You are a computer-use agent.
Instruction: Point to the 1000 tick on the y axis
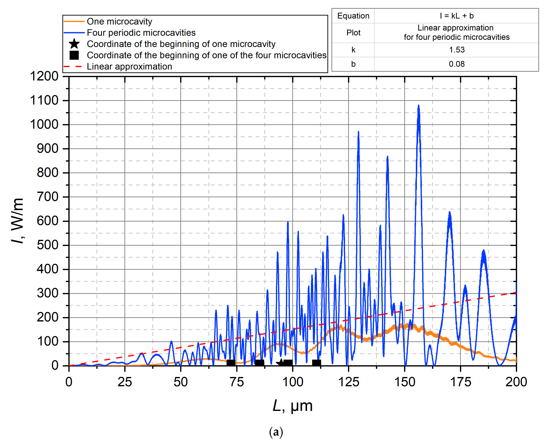(44, 125)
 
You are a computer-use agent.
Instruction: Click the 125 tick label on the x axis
(348, 382)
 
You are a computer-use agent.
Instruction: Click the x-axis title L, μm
(292, 406)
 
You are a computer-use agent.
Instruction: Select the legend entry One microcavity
(119, 21)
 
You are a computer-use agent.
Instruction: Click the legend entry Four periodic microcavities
(141, 33)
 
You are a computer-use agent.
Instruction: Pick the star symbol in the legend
(74, 44)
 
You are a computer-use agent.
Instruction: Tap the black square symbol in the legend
(74, 55)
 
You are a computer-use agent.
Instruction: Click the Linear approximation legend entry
(129, 67)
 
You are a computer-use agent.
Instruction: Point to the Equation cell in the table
(353, 16)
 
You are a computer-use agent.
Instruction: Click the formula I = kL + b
(457, 16)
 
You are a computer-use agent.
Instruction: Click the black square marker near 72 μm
(231, 363)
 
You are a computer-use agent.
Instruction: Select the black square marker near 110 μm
(316, 363)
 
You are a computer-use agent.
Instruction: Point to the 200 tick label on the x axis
(516, 382)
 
